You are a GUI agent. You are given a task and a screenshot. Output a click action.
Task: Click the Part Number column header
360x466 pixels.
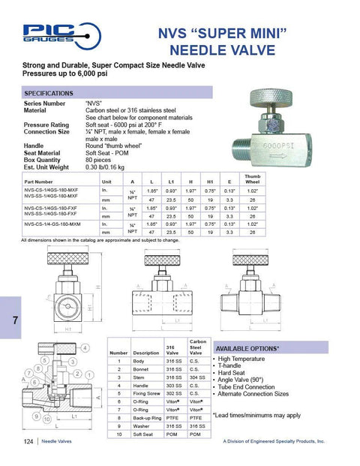coord(39,182)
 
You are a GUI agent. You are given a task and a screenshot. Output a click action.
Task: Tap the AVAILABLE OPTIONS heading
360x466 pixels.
coord(247,349)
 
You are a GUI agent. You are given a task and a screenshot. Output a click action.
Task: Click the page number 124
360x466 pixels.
coord(28,442)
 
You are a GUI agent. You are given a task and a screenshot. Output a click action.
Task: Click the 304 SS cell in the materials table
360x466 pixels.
coord(198,377)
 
